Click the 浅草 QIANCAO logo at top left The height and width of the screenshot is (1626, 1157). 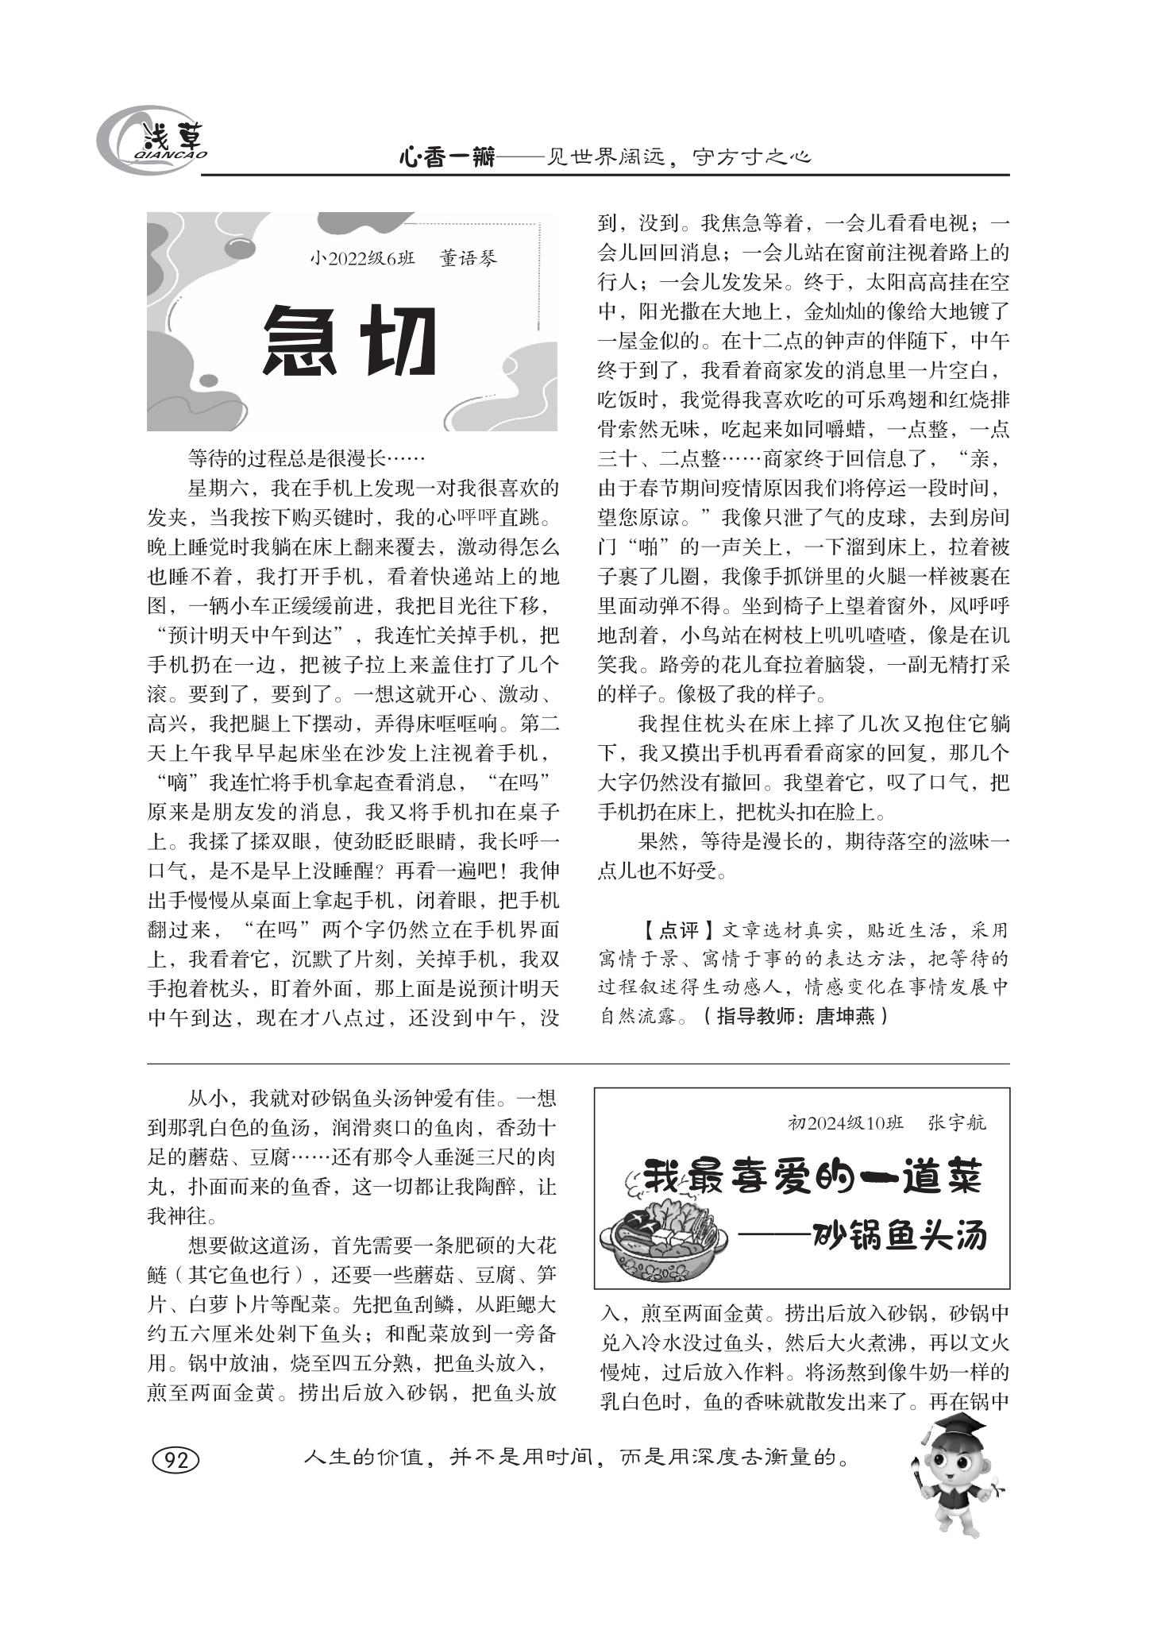click(x=151, y=142)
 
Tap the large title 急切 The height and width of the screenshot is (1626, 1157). click(x=350, y=342)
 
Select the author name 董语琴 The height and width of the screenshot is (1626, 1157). click(x=469, y=259)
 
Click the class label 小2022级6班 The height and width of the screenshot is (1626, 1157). click(x=362, y=259)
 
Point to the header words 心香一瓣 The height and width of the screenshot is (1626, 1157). click(x=446, y=158)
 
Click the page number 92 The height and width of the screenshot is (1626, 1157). click(x=175, y=1461)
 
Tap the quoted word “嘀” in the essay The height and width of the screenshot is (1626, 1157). click(x=175, y=782)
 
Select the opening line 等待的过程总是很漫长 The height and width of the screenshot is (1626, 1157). click(x=286, y=458)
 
